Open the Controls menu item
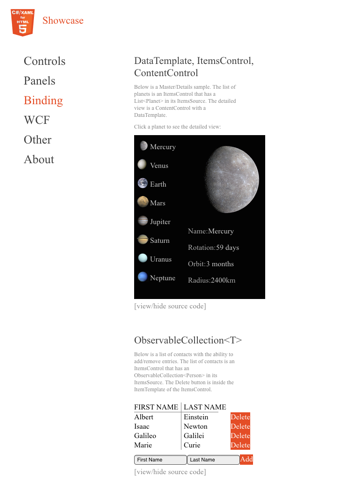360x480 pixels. [x=45, y=61]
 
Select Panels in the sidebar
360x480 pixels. [x=41, y=81]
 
